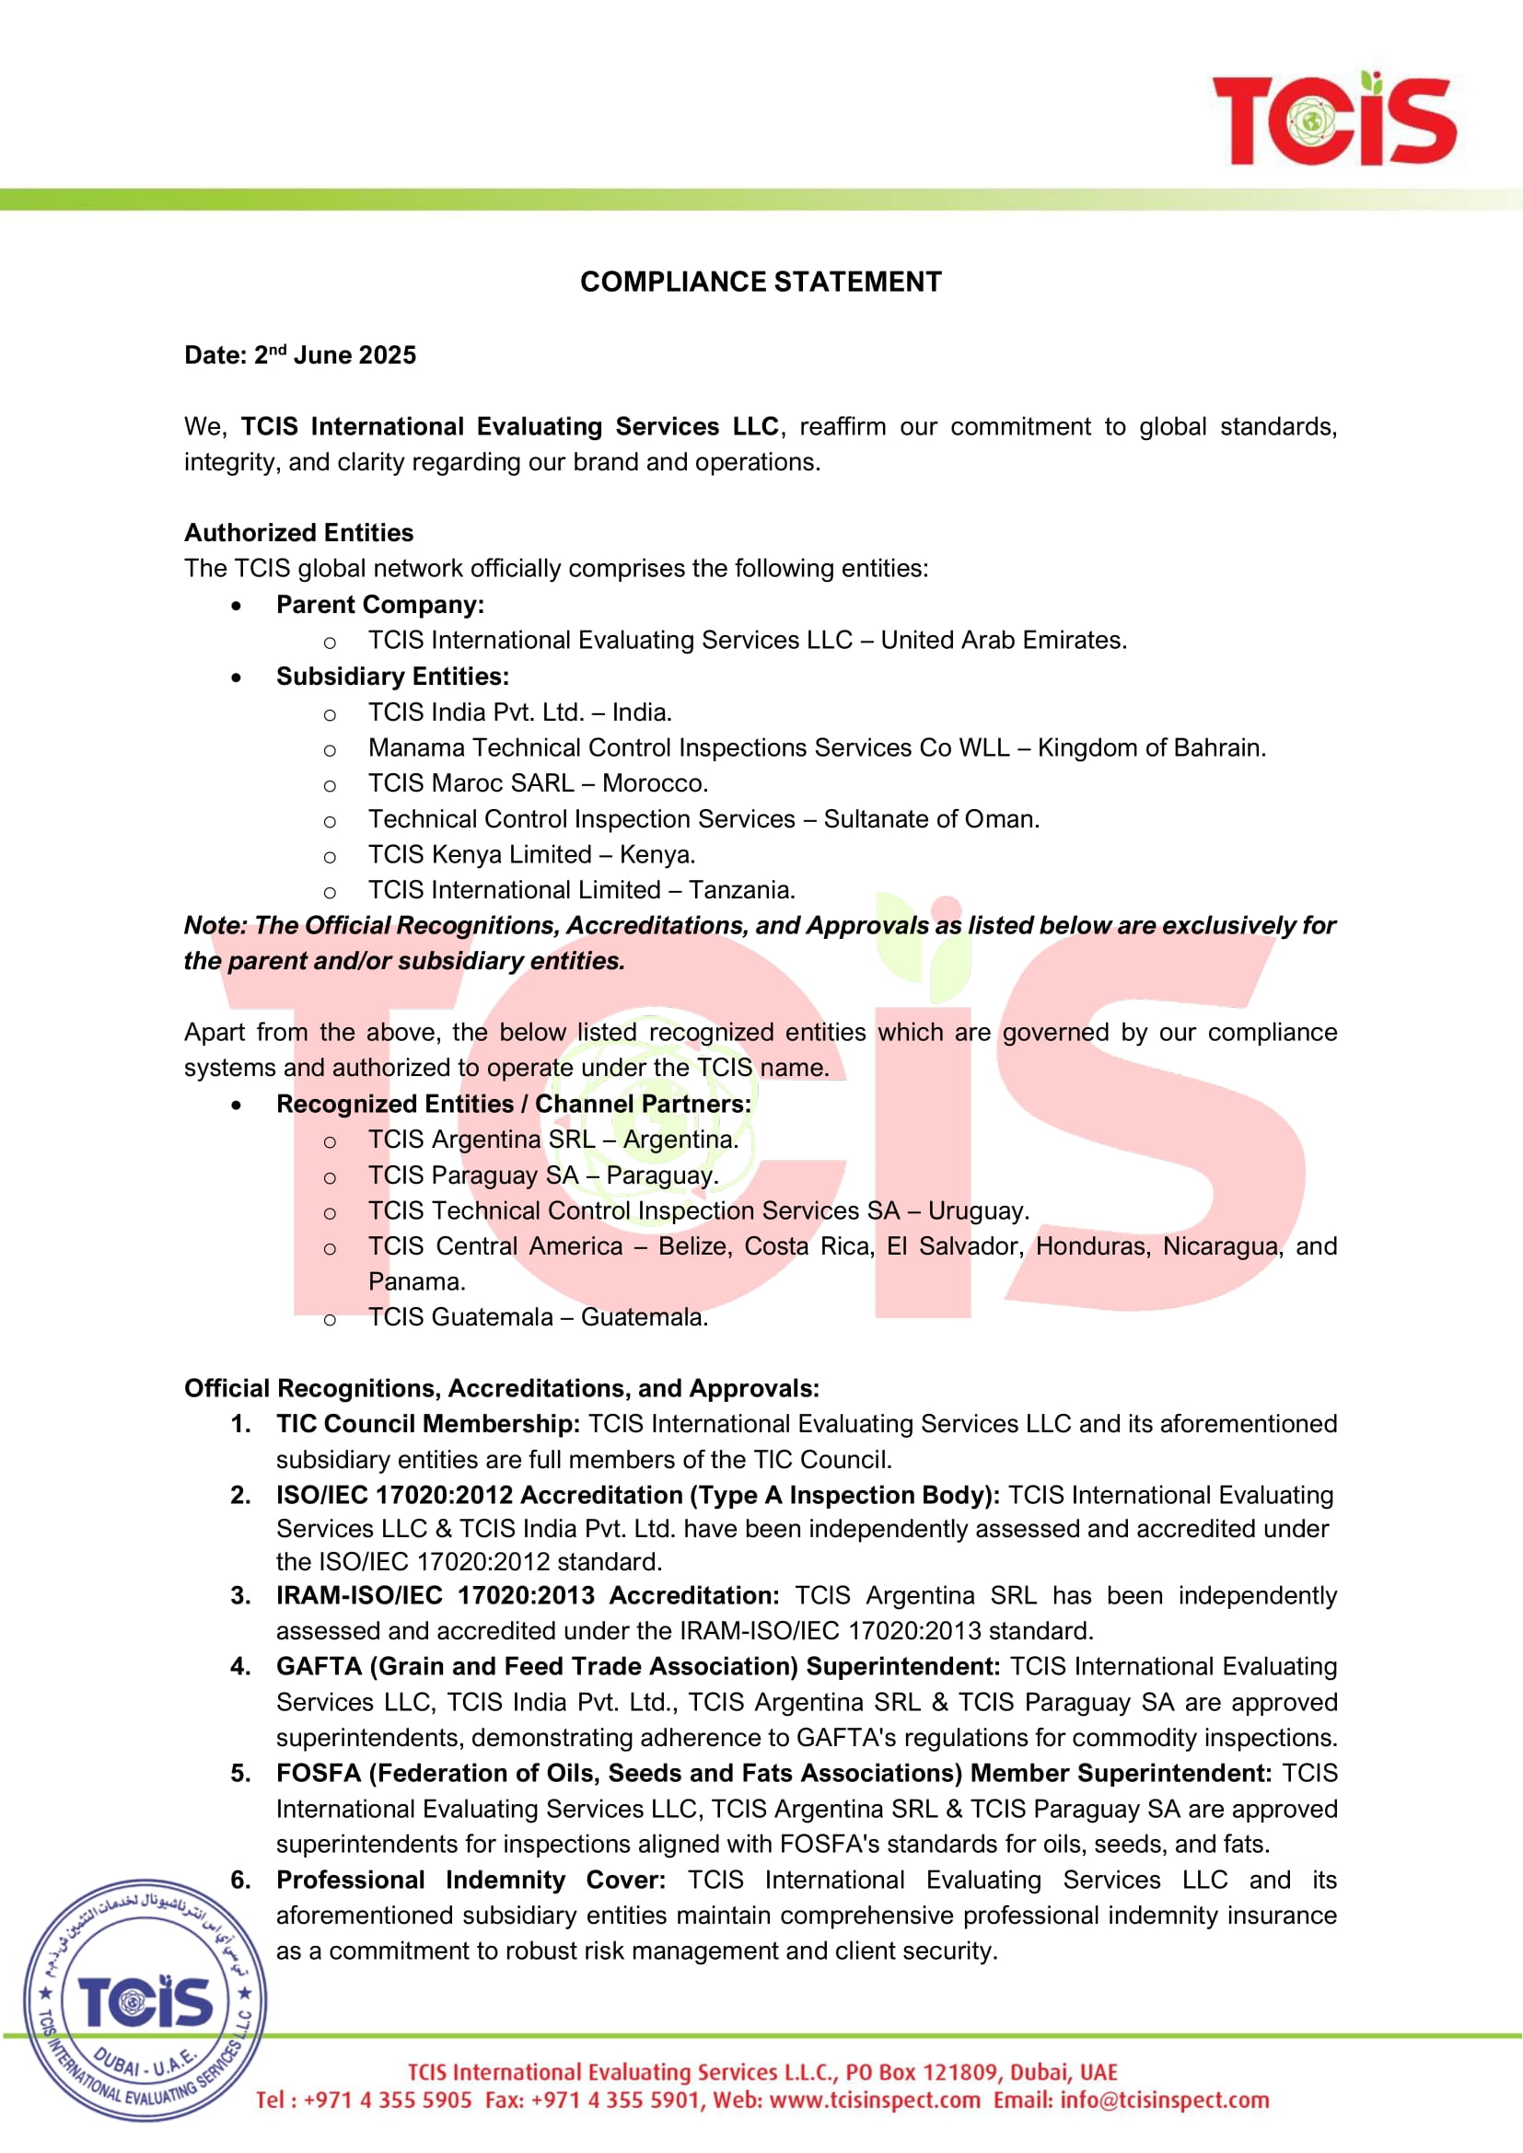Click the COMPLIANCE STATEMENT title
click(x=761, y=282)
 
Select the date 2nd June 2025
click(x=335, y=355)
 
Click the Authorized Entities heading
click(x=298, y=533)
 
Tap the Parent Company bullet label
click(x=379, y=605)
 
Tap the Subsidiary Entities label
click(x=392, y=677)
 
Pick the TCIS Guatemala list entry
click(x=538, y=1317)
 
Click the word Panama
click(x=416, y=1282)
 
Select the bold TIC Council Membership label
click(x=427, y=1423)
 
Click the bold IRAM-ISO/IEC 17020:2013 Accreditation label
click(x=527, y=1595)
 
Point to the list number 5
click(x=240, y=1773)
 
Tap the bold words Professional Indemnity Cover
click(x=470, y=1881)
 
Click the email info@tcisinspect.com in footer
click(x=1164, y=2101)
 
